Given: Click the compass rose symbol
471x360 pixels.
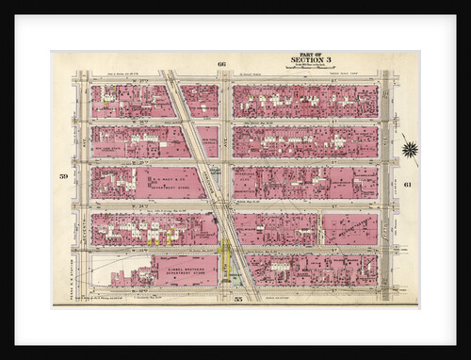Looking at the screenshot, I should click(x=409, y=148).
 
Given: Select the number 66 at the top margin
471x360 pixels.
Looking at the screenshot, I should click(x=222, y=63).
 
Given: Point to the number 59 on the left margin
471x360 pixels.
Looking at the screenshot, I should click(x=63, y=176).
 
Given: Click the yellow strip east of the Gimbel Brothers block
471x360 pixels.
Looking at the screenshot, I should click(x=226, y=264).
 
